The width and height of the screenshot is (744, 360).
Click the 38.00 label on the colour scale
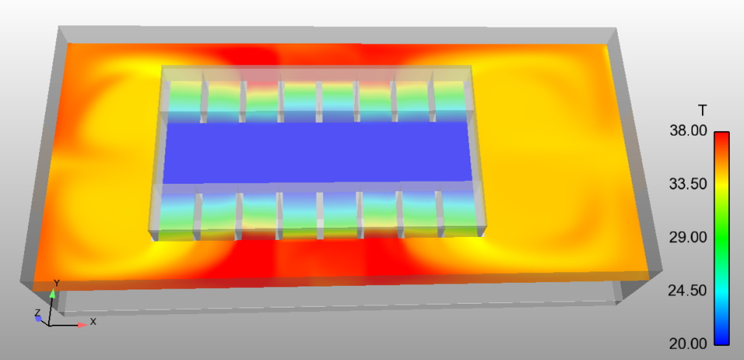click(x=688, y=130)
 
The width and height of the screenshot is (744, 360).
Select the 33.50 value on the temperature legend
click(x=688, y=184)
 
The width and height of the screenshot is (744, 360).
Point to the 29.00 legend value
click(x=688, y=237)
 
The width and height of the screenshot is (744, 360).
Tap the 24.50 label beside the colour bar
click(x=688, y=289)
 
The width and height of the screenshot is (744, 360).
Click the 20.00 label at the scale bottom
click(x=688, y=343)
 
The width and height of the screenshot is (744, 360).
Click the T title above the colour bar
click(x=703, y=110)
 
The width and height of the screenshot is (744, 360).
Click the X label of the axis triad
click(x=93, y=322)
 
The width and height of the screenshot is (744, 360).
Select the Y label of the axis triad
click(x=56, y=283)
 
